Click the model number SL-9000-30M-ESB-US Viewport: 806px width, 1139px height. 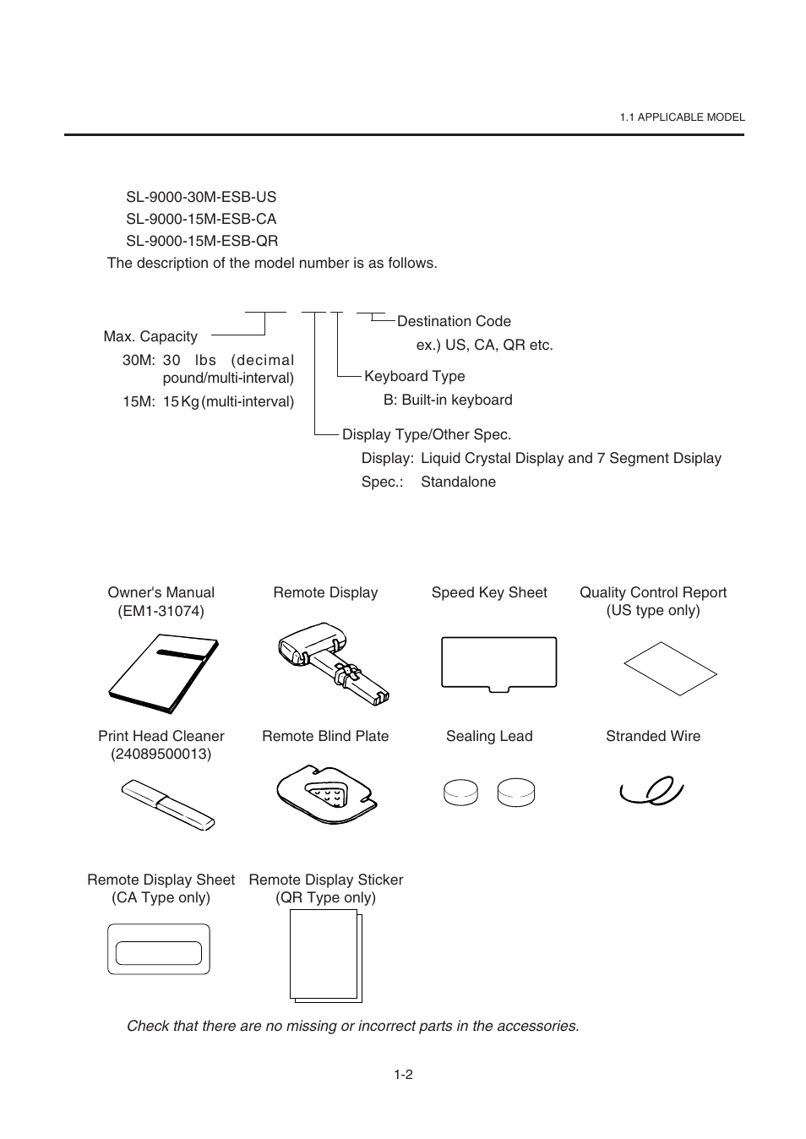pos(201,197)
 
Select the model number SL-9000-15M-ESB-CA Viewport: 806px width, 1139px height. pos(201,219)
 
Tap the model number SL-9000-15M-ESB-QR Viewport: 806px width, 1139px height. pos(202,241)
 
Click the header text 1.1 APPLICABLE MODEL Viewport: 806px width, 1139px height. pos(682,117)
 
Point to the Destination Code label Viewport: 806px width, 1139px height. pos(454,321)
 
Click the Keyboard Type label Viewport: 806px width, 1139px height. pos(414,376)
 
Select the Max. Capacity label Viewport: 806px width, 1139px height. pos(150,336)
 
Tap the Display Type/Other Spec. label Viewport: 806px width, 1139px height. pos(426,434)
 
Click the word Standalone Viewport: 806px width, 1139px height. pos(458,482)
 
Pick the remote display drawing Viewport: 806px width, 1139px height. pos(332,664)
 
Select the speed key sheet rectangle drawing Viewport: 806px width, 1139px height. pos(498,662)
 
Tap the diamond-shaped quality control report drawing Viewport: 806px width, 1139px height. pos(670,668)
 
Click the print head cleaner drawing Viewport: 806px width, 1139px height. pos(167,804)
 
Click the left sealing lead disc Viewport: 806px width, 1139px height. pos(460,793)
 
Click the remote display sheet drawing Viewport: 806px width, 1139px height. pos(159,950)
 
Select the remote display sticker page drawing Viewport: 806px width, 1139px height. pos(325,956)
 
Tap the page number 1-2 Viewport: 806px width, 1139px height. pos(403,1075)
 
